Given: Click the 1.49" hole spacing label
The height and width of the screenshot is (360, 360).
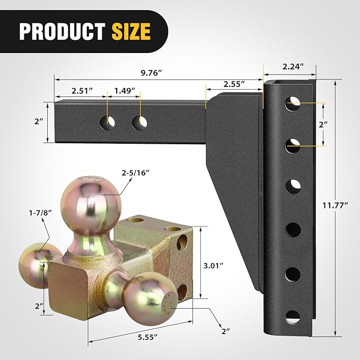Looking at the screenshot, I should click(125, 90).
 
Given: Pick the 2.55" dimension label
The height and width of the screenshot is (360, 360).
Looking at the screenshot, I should click(233, 84).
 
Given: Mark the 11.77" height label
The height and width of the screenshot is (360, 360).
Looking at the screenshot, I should click(338, 204).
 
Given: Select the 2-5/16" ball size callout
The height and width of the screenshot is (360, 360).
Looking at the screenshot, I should click(149, 173).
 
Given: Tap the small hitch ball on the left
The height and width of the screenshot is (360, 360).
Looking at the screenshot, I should click(38, 264).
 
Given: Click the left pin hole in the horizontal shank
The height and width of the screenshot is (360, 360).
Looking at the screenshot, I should click(108, 122).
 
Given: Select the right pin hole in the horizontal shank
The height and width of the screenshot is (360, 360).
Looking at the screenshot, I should click(140, 122).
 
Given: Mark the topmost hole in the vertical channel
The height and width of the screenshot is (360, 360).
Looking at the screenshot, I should click(292, 103).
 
